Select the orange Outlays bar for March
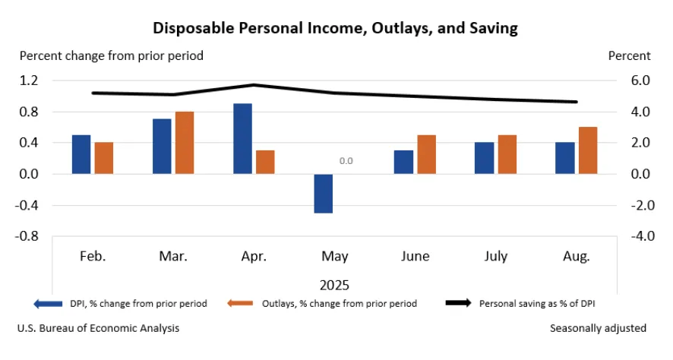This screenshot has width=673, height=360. coord(185,143)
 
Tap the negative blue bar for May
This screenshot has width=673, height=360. coord(323,194)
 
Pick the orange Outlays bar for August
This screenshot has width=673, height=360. coord(587,150)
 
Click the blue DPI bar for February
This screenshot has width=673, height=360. coord(81,154)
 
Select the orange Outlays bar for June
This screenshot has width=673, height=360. coord(426,154)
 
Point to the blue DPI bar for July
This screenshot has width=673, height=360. coord(484,158)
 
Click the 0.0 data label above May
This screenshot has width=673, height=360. coord(346,161)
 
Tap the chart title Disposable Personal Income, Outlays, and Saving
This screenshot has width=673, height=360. coord(335,28)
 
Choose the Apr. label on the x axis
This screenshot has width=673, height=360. coord(254,257)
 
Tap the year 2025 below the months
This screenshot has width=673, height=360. coord(334,286)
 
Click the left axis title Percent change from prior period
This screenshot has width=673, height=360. coord(111,55)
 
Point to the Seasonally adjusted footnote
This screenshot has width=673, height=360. coord(598,328)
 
